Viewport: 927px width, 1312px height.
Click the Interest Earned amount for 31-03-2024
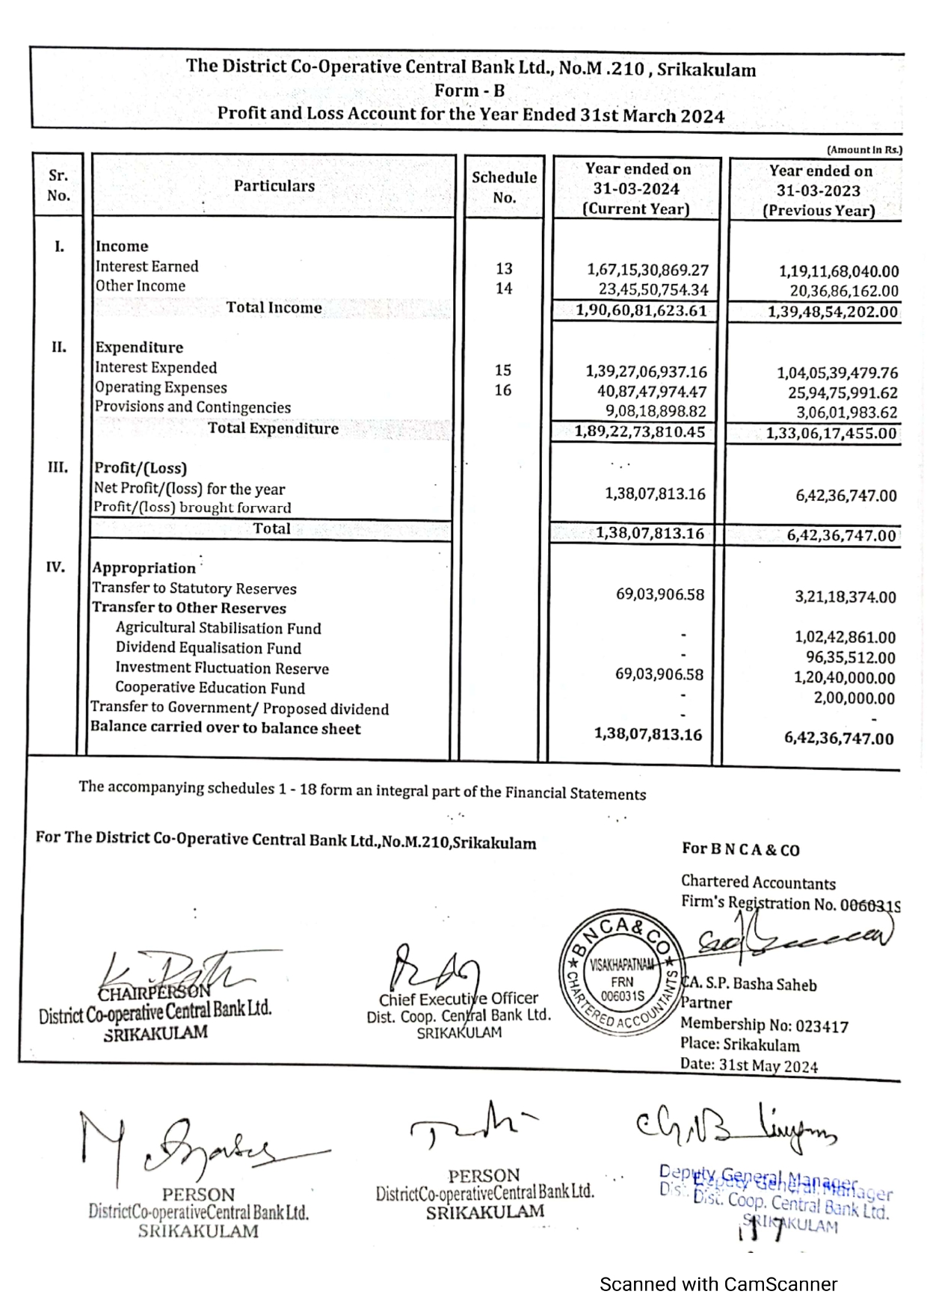point(647,270)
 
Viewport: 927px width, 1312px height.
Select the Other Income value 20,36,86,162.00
point(844,291)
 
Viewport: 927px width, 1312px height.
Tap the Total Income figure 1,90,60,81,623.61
point(641,310)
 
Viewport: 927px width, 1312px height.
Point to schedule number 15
point(503,370)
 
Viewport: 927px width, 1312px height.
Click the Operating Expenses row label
point(161,387)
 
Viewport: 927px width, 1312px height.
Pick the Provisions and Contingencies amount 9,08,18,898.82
point(656,411)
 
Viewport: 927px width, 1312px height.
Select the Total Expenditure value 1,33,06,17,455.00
point(831,433)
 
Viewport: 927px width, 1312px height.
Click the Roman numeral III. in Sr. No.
point(58,468)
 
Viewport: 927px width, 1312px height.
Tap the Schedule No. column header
point(504,187)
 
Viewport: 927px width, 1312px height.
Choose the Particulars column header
point(274,186)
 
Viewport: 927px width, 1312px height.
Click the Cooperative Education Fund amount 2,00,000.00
point(854,698)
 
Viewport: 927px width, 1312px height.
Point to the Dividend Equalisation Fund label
point(208,648)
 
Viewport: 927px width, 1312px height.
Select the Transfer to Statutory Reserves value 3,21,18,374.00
point(845,597)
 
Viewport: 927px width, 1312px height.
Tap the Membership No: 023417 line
point(764,1025)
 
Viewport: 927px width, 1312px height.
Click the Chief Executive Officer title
point(458,999)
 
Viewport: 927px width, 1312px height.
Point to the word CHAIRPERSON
point(154,992)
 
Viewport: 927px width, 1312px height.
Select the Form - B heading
point(469,90)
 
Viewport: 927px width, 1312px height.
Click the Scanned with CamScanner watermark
point(718,1284)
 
